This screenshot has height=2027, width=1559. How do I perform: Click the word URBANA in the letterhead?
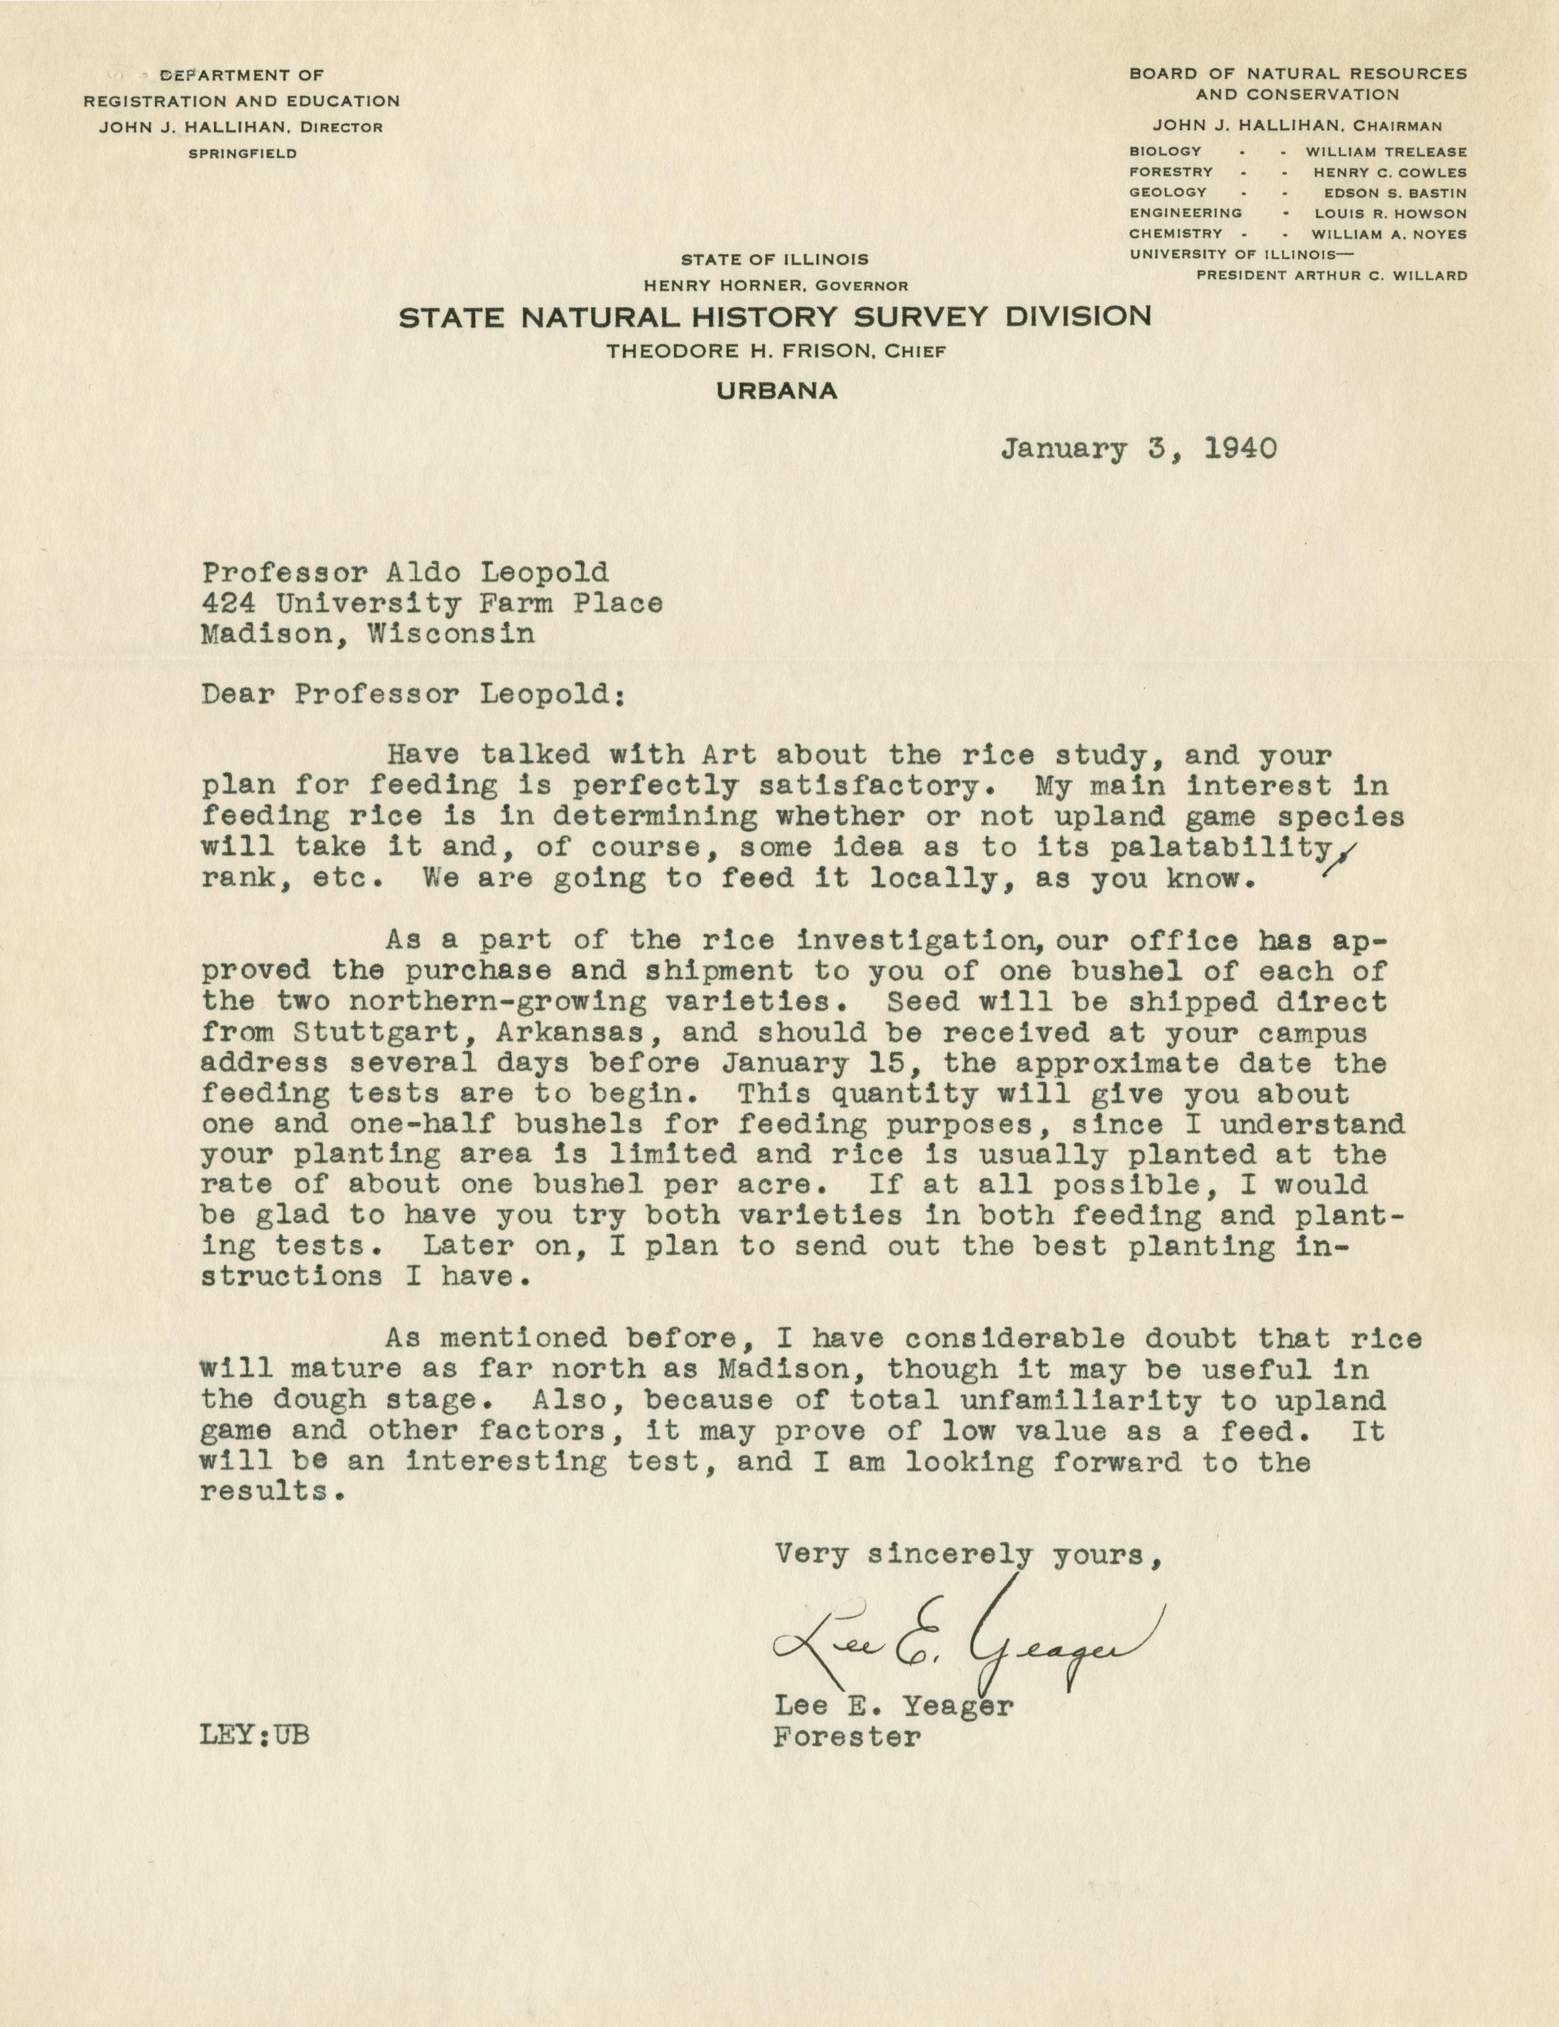click(777, 392)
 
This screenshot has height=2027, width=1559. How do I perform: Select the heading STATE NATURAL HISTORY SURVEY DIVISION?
click(775, 318)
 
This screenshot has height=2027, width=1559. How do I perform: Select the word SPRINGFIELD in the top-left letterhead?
click(242, 153)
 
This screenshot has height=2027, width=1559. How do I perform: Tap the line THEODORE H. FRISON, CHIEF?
click(775, 351)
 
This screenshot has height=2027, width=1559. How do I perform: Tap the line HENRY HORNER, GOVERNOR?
click(775, 286)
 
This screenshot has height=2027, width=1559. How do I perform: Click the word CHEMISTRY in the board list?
click(1176, 234)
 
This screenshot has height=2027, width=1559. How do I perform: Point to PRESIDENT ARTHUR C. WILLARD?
click(1332, 275)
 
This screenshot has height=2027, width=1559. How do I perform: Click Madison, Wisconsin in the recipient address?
click(368, 635)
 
